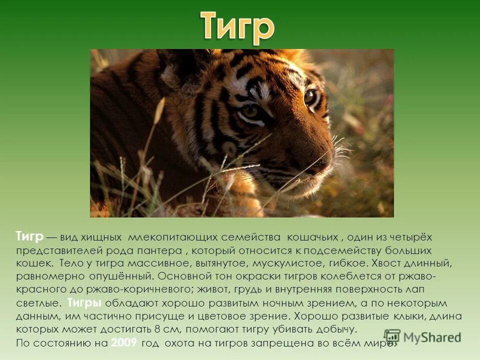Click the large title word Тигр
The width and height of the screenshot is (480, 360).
[238, 27]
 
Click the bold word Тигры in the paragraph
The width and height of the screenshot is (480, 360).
[84, 303]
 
